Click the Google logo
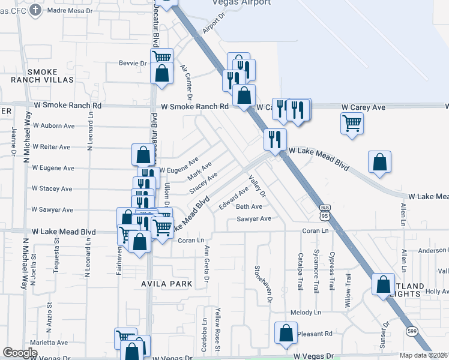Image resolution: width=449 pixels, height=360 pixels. coord(20,353)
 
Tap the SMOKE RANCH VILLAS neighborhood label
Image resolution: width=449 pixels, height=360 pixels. coord(42,76)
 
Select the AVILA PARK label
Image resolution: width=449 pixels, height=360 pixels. coord(167,283)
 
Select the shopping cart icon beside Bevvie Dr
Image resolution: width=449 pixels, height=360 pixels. coord(161,58)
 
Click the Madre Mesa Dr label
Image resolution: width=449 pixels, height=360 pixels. coord(71,10)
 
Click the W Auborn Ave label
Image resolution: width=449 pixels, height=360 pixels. coord(53,126)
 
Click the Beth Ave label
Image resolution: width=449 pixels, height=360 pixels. coord(249,206)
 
